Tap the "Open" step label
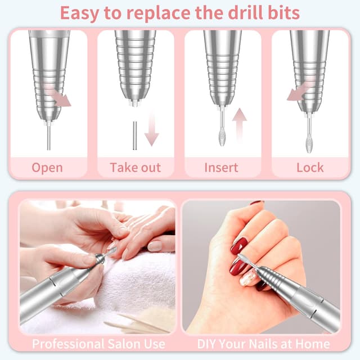(47, 167)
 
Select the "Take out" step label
(135, 167)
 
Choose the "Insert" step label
(221, 167)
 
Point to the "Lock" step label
(310, 167)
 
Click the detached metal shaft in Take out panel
(134, 135)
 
